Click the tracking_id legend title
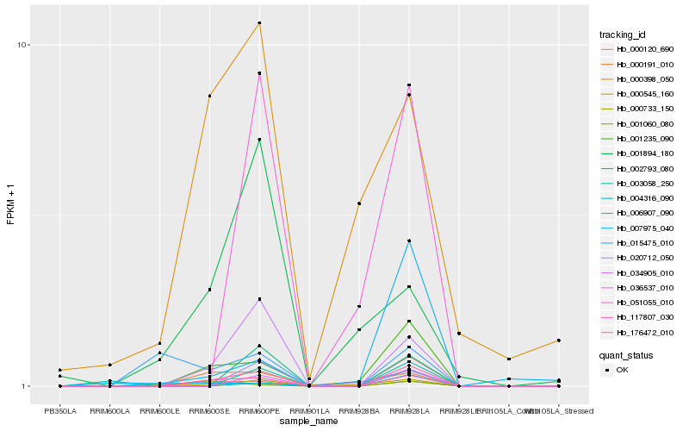coord(623,34)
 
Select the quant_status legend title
coord(626,354)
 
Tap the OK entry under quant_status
coord(623,370)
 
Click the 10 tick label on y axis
coord(25,45)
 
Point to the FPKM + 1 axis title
coord(11,204)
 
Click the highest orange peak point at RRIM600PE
coord(259,23)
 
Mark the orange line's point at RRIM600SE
coord(209,96)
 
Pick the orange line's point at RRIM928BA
coord(359,203)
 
